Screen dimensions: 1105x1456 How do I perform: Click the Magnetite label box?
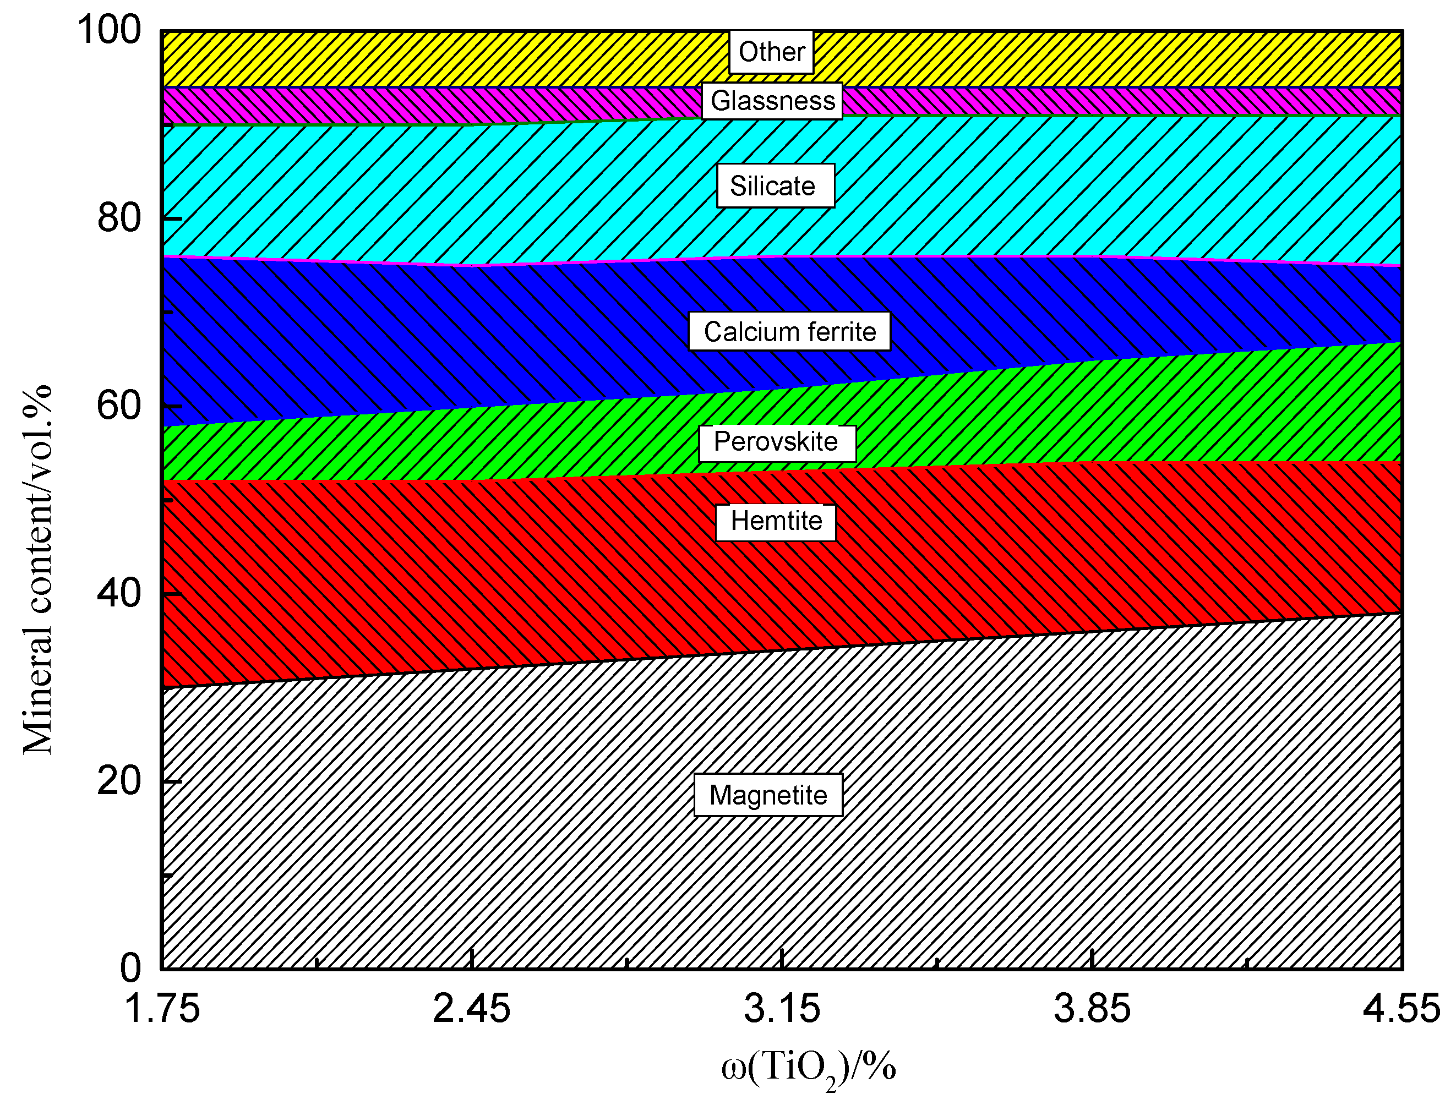pos(768,795)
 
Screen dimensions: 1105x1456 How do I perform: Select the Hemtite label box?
pos(776,522)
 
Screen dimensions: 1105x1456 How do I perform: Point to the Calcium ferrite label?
pos(789,332)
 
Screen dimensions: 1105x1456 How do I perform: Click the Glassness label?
pos(772,101)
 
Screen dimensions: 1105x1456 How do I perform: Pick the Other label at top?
pos(771,52)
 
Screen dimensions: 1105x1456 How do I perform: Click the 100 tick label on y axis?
pos(109,30)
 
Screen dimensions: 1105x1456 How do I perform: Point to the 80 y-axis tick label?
pos(119,218)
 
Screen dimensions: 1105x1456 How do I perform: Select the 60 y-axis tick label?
pos(119,406)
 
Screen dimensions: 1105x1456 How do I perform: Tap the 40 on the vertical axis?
pos(119,594)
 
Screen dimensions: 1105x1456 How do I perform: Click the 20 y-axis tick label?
pos(119,781)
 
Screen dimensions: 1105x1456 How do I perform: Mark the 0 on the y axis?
pos(130,968)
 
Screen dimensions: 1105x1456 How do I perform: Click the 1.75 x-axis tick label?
pos(162,1009)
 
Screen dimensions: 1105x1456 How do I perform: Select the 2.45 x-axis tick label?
pos(471,1009)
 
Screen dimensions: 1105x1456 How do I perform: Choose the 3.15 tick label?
pos(782,1009)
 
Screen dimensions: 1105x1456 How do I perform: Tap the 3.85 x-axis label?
pos(1092,1009)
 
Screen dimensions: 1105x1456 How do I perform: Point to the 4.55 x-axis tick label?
pos(1402,1009)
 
